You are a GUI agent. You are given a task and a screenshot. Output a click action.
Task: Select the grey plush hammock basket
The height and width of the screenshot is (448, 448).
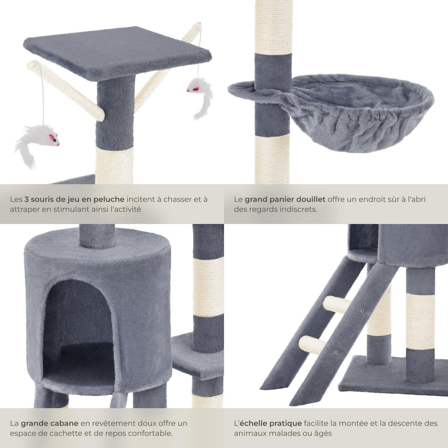point(358,112)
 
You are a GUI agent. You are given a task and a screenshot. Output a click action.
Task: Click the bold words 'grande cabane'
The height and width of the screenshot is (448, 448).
point(49,424)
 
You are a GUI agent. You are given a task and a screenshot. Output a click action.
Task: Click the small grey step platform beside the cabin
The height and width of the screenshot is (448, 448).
point(190,358)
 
